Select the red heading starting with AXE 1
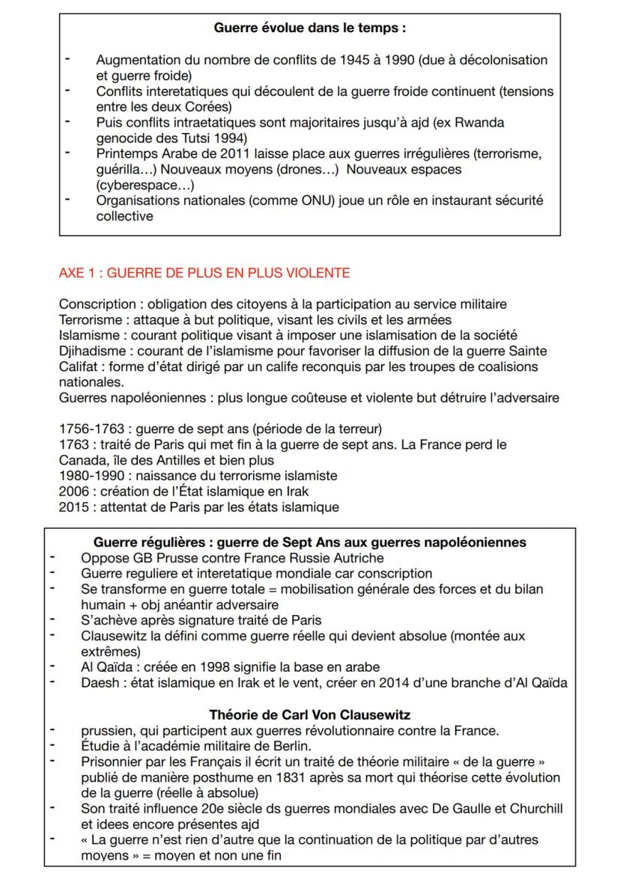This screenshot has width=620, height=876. [204, 273]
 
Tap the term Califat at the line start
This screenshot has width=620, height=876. [76, 367]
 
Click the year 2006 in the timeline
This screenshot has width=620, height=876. [73, 491]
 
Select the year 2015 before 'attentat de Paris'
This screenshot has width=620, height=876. [73, 506]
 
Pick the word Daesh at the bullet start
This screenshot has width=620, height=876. [99, 681]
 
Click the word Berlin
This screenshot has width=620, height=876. [285, 746]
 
